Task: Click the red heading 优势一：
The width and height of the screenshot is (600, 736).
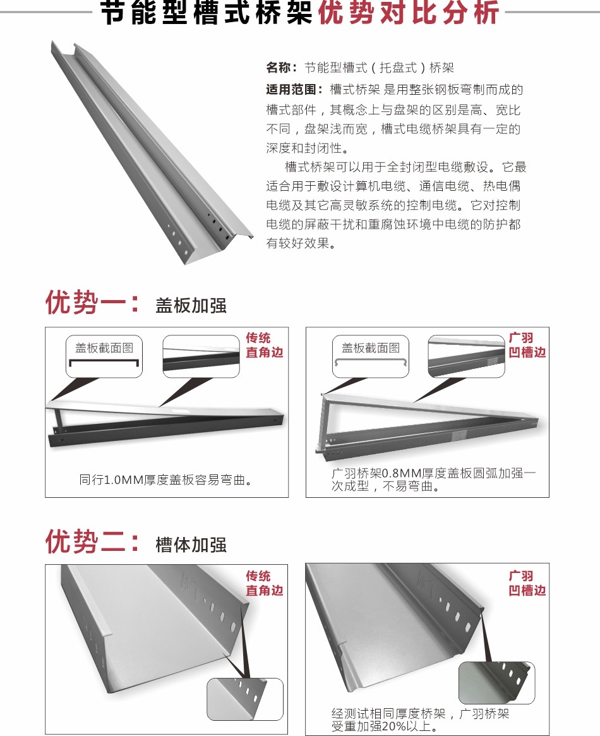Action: click(x=93, y=302)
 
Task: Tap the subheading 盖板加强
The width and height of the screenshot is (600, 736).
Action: click(x=191, y=306)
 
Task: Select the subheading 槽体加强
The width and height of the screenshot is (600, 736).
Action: click(x=191, y=545)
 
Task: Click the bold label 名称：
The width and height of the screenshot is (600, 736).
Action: click(x=282, y=68)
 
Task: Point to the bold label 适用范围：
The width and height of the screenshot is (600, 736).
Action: click(x=294, y=89)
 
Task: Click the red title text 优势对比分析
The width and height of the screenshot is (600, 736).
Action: click(x=408, y=12)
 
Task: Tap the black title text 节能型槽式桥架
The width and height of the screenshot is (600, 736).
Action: click(x=207, y=12)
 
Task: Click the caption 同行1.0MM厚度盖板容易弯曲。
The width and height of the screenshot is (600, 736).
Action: click(x=165, y=480)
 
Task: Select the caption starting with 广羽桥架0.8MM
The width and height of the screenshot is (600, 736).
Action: click(x=433, y=480)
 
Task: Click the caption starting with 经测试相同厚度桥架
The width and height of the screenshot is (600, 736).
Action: click(x=420, y=720)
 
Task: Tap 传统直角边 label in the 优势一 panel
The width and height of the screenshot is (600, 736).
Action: click(x=264, y=345)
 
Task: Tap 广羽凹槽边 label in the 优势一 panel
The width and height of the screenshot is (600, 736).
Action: click(x=527, y=345)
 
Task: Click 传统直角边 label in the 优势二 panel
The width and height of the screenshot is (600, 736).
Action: click(x=264, y=583)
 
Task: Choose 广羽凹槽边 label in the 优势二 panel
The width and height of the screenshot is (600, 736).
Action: click(x=527, y=583)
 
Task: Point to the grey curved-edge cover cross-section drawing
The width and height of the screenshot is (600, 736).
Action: click(x=370, y=361)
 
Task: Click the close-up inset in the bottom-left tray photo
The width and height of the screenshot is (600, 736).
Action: click(x=245, y=699)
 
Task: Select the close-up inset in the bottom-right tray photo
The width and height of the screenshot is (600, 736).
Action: click(x=496, y=683)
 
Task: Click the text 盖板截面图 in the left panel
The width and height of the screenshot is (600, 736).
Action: click(x=104, y=348)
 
